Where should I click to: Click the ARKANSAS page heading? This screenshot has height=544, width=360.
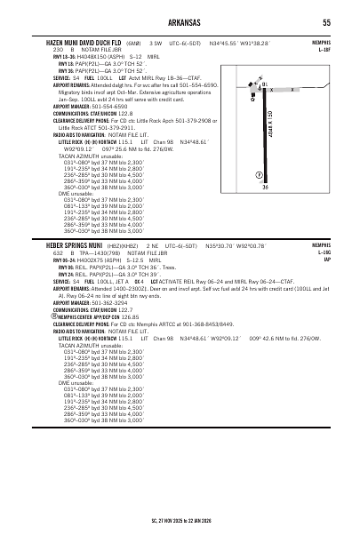[x=180, y=22]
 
